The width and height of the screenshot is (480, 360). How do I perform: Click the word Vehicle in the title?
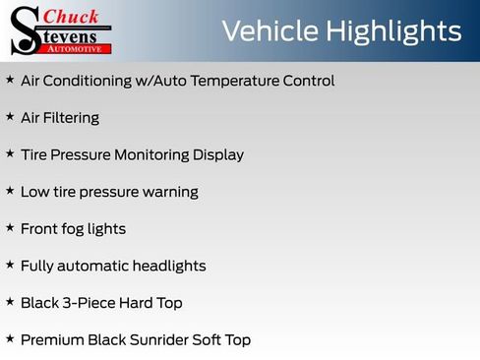(x=266, y=30)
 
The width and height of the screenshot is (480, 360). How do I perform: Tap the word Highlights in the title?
(x=390, y=32)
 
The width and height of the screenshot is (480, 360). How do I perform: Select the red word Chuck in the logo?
(x=71, y=15)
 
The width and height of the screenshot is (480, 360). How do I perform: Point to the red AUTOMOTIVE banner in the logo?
(x=75, y=47)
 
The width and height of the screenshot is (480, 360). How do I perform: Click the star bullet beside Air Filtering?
(x=10, y=117)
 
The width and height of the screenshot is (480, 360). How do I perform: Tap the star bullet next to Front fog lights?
(x=10, y=228)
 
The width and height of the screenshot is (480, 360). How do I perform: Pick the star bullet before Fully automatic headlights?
(x=10, y=265)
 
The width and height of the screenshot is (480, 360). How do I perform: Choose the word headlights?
(x=171, y=266)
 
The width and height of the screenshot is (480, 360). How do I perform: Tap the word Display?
(x=218, y=154)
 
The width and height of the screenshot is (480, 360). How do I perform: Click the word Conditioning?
(x=93, y=81)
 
